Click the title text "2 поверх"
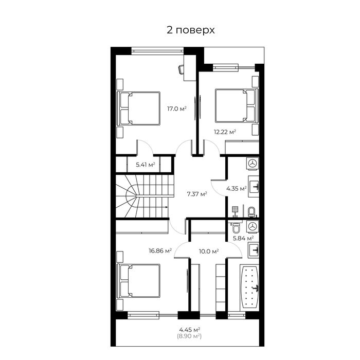point(190,30)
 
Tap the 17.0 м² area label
point(176,109)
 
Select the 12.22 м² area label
point(225,132)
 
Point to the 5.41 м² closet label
point(146,165)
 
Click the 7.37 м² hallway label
point(196,194)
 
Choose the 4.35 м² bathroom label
point(236,188)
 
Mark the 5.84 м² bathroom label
point(243,238)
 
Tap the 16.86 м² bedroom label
point(159,251)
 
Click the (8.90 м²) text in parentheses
point(190,336)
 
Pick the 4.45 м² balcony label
point(190,329)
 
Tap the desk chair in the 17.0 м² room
point(182,69)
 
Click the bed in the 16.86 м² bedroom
point(139,280)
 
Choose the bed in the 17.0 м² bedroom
point(139,108)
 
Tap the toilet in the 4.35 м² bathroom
point(251,211)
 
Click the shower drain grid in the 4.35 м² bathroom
point(235,210)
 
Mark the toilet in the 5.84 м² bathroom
point(236,227)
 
